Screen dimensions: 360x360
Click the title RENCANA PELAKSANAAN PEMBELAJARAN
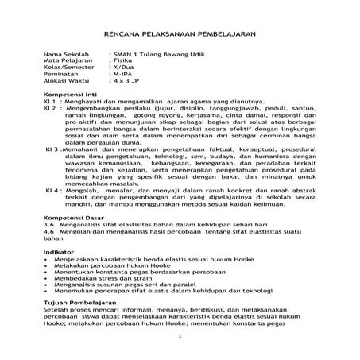(180, 36)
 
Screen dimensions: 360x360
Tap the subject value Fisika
(122, 61)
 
